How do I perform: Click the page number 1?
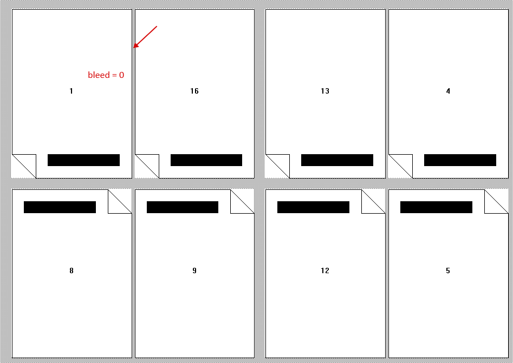(x=72, y=91)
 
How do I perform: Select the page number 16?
(x=194, y=91)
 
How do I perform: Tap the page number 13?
(x=325, y=91)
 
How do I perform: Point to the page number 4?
(x=448, y=91)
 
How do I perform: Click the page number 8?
(x=72, y=270)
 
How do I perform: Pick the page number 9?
(x=194, y=270)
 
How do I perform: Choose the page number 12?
(x=325, y=270)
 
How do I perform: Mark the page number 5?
(x=448, y=270)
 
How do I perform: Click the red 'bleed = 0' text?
(x=106, y=75)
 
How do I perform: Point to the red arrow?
(x=145, y=37)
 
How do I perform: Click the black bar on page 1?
(x=84, y=160)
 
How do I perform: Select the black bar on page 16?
(x=206, y=160)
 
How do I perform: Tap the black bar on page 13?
(x=337, y=160)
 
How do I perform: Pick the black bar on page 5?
(x=437, y=207)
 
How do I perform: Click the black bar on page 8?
(x=60, y=207)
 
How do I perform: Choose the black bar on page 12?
(x=314, y=207)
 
